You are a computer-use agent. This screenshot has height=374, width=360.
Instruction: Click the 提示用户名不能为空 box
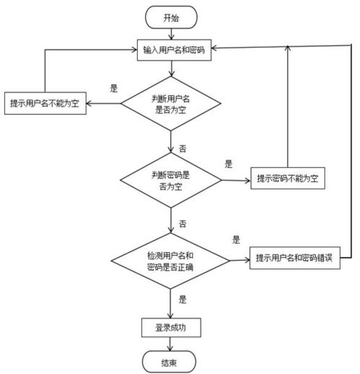coord(45,102)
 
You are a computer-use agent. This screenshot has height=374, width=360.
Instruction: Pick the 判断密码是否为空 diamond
coord(171,180)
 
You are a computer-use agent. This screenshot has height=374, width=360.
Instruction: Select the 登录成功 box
coord(170,329)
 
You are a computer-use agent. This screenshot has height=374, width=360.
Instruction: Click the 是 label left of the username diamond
coord(113,89)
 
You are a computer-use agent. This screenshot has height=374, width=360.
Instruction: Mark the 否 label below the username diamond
coord(182,148)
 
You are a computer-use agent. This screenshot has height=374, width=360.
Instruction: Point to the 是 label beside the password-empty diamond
coord(229,164)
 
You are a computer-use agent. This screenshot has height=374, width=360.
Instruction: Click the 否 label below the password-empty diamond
coord(182,223)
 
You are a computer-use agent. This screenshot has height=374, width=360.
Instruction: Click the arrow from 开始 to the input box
coord(171,33)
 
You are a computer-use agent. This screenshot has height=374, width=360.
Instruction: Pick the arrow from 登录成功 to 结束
coord(171,344)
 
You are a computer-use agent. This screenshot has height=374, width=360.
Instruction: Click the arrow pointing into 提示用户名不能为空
coord(102,104)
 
